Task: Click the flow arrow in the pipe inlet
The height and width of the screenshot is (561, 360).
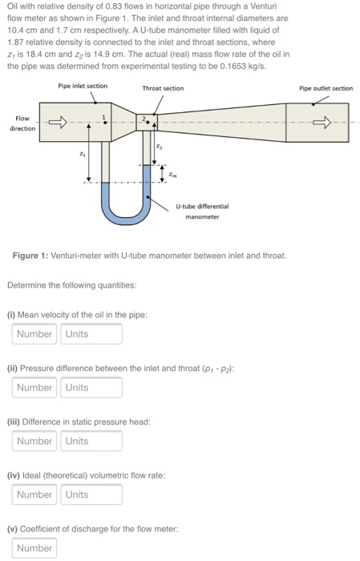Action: (58, 122)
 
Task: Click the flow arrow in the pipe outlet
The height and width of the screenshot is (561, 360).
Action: (322, 123)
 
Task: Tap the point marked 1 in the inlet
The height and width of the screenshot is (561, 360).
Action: (105, 123)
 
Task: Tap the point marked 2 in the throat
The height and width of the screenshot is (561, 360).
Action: (148, 122)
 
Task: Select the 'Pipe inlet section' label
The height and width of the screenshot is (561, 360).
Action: (83, 86)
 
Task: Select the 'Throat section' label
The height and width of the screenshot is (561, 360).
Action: (163, 88)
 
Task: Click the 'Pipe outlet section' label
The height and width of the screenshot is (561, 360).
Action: (326, 88)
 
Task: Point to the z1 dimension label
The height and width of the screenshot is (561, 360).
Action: (83, 155)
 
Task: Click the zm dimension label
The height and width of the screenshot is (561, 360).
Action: (172, 175)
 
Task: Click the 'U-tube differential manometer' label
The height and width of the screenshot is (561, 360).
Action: (202, 212)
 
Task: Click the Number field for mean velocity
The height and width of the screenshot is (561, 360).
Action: (34, 334)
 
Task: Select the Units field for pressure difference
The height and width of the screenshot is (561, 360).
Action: (91, 387)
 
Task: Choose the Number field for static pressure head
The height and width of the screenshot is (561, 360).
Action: (34, 441)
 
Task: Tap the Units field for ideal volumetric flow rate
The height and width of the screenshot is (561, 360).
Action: (91, 494)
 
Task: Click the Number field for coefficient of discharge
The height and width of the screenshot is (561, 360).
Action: (34, 547)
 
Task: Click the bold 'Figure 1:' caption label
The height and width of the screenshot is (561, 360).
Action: (30, 256)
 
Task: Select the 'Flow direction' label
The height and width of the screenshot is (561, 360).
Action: (22, 123)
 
